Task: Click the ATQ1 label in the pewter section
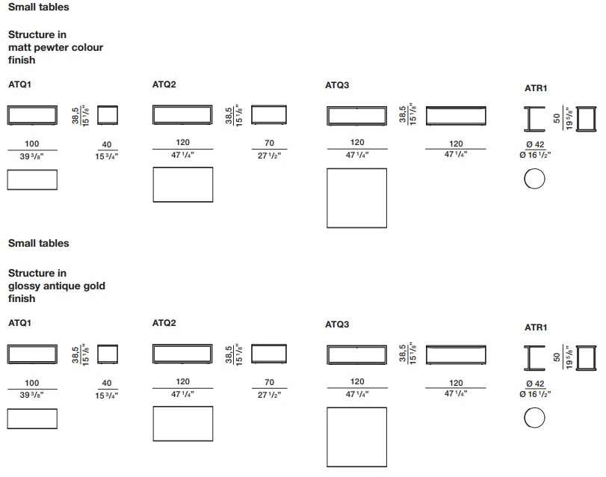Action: tap(19, 84)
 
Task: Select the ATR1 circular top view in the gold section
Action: tap(534, 407)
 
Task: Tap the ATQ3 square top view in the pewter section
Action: tap(327, 198)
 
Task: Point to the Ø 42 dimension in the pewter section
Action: tap(535, 144)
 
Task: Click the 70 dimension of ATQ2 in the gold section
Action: tap(270, 382)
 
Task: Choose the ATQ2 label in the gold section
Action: tap(164, 323)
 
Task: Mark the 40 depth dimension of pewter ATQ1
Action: tap(107, 144)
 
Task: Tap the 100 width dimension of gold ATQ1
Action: tap(31, 383)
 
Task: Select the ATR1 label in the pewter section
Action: tap(536, 88)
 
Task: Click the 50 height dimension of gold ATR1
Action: tap(557, 357)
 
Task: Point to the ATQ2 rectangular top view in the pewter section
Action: tap(153, 185)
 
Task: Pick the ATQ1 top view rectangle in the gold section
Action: tap(7, 419)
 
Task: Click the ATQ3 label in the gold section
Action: tap(337, 324)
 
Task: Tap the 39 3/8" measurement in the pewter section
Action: tap(31, 156)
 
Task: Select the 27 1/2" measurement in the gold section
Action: tap(270, 395)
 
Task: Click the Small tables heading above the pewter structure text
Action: tap(39, 7)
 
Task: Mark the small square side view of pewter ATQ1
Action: tap(98, 115)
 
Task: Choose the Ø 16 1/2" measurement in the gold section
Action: tap(535, 394)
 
